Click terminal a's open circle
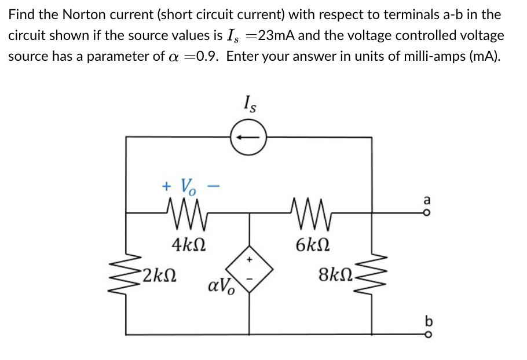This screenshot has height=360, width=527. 427,213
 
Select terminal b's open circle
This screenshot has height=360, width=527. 427,334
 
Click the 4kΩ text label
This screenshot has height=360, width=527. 186,244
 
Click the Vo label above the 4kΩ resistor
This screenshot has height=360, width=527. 189,186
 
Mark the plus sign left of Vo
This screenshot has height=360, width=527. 167,186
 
